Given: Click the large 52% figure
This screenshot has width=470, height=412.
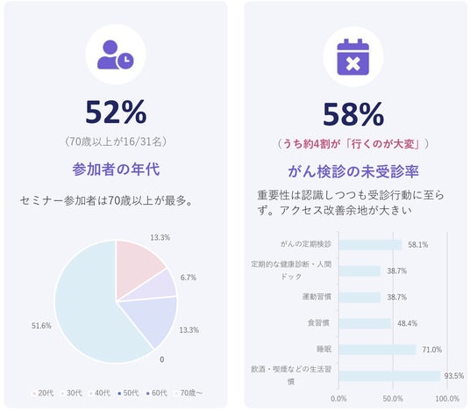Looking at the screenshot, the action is pyautogui.click(x=116, y=112).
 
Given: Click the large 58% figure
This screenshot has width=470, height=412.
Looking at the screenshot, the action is pyautogui.click(x=353, y=114).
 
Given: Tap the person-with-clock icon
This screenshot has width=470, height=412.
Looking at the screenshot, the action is pyautogui.click(x=116, y=54).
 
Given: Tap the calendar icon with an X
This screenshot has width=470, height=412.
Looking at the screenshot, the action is pyautogui.click(x=353, y=57).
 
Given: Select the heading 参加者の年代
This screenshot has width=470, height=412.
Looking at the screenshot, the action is pyautogui.click(x=116, y=169).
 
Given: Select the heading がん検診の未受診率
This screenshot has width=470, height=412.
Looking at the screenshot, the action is pyautogui.click(x=353, y=171).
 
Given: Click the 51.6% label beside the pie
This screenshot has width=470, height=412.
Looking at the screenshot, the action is pyautogui.click(x=41, y=326).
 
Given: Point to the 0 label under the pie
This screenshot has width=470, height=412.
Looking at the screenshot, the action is pyautogui.click(x=162, y=359).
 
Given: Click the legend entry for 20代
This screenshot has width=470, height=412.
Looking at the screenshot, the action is pyautogui.click(x=43, y=393).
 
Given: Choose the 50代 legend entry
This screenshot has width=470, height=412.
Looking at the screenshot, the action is pyautogui.click(x=128, y=393).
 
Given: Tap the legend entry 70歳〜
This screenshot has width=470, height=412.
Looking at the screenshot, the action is pyautogui.click(x=189, y=393).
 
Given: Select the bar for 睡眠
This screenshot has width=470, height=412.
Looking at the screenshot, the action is pyautogui.click(x=377, y=350).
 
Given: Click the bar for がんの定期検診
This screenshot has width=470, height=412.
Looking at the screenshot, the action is pyautogui.click(x=371, y=245).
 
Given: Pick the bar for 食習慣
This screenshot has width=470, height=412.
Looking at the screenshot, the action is pyautogui.click(x=365, y=323).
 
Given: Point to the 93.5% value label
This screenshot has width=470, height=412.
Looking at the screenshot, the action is pyautogui.click(x=454, y=376).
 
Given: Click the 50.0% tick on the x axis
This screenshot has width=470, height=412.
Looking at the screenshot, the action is pyautogui.click(x=393, y=399).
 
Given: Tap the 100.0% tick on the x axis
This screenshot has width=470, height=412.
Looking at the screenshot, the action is pyautogui.click(x=447, y=399).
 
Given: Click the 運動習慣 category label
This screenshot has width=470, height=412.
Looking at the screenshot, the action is pyautogui.click(x=317, y=297).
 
